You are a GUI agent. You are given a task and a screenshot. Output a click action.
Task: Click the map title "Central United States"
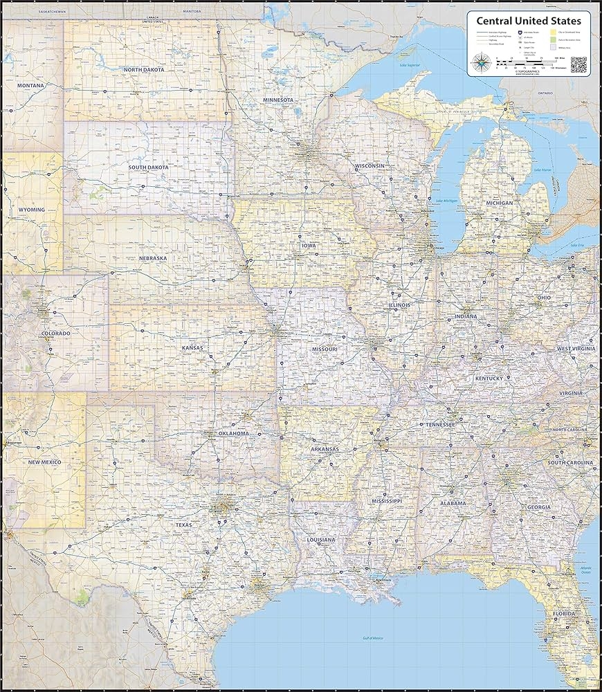coord(529,21)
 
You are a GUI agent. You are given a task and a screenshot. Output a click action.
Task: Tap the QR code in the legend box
coord(578,64)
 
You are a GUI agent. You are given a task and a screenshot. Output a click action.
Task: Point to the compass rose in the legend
coord(479,64)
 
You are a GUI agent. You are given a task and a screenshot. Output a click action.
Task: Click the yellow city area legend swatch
coord(553,32)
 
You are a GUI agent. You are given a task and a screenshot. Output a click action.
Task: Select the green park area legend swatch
coord(553,40)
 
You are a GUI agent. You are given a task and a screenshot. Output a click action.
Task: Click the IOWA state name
coord(309,245)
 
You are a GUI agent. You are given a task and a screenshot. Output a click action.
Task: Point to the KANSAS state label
coord(192,347)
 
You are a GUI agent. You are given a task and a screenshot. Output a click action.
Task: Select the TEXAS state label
coord(183,525)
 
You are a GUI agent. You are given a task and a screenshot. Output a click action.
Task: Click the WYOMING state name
coord(31,209)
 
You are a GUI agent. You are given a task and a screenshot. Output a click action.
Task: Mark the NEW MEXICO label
coord(44,462)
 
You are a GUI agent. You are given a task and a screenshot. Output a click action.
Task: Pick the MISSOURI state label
coord(324,349)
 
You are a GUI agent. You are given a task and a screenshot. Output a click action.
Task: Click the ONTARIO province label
coord(546,92)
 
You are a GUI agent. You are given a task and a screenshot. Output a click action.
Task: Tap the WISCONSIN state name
coord(370,167)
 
